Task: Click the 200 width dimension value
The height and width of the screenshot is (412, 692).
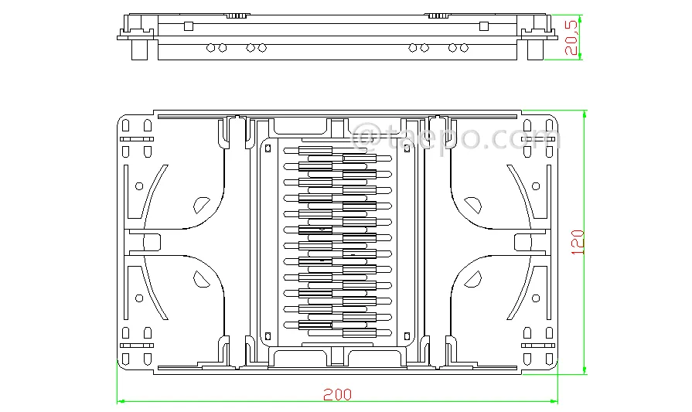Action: (338, 394)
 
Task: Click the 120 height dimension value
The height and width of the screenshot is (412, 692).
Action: (578, 242)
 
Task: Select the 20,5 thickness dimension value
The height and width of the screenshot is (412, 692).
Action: (571, 37)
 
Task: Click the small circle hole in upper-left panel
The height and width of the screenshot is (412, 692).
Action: (139, 186)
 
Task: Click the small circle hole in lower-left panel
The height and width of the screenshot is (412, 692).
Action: (139, 298)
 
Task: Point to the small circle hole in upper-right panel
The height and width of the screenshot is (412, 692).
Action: (536, 186)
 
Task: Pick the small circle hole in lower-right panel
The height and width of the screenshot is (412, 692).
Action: (536, 298)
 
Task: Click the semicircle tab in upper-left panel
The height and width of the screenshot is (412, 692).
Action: (201, 206)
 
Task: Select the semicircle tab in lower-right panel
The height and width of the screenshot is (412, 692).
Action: (473, 279)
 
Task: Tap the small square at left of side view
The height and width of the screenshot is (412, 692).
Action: (189, 26)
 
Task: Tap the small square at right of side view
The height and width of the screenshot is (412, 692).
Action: (484, 26)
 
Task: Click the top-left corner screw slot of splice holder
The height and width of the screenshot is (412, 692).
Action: (268, 148)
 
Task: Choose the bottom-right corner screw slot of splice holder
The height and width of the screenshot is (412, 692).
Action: (407, 336)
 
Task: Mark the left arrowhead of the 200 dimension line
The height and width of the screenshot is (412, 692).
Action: (120, 401)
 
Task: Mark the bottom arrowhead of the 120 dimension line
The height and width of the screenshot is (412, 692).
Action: (585, 370)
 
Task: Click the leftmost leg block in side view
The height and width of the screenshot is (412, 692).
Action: (139, 49)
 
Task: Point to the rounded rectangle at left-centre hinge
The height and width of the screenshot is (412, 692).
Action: (152, 242)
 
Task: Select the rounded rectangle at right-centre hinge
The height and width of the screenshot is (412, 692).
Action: (523, 242)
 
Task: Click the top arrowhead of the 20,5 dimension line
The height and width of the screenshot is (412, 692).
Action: (580, 19)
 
